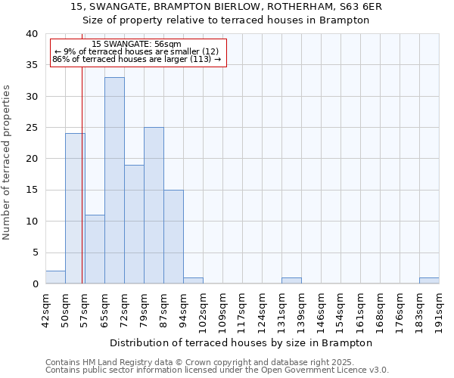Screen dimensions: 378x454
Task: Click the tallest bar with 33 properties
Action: [114, 181]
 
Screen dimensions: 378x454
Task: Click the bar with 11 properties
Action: [95, 249]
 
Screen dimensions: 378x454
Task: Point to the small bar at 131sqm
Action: [291, 280]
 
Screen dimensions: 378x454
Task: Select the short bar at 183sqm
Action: [429, 280]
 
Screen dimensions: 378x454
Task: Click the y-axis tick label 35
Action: [32, 65]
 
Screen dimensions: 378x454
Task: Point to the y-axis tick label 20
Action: [32, 159]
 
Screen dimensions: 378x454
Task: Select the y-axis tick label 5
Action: [35, 253]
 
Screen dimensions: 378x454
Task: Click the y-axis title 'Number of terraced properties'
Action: [7, 162]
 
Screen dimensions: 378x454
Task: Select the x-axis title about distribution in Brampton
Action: [242, 342]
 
